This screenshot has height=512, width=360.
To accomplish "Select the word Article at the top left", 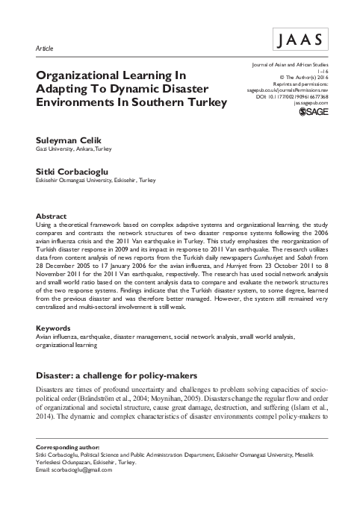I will pyautogui.click(x=45, y=48).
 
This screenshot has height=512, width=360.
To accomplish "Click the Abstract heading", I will pyautogui.click(x=52, y=215).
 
